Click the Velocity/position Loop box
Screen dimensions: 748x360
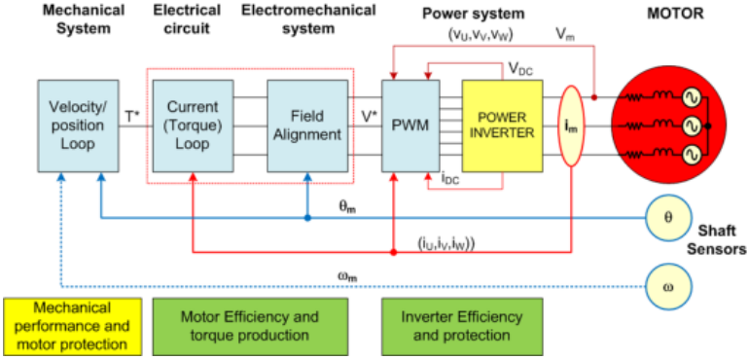point(78,126)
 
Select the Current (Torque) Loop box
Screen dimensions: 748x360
point(193,126)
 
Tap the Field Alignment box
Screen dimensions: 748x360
point(307,126)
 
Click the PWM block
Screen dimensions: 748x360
point(410,126)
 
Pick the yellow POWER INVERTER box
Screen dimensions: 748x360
point(502,126)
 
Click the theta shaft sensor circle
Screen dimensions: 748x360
point(668,218)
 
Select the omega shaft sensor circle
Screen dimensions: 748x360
point(668,287)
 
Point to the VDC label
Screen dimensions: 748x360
point(520,70)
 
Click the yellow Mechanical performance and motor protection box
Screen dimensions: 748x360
point(73,324)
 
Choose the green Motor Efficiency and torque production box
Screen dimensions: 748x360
point(250,324)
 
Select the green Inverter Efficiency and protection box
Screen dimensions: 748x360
point(462,324)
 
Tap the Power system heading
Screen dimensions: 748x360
point(474,14)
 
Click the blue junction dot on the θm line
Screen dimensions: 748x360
point(307,218)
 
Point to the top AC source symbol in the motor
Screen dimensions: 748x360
point(690,98)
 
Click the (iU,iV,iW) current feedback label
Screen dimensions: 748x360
point(448,243)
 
